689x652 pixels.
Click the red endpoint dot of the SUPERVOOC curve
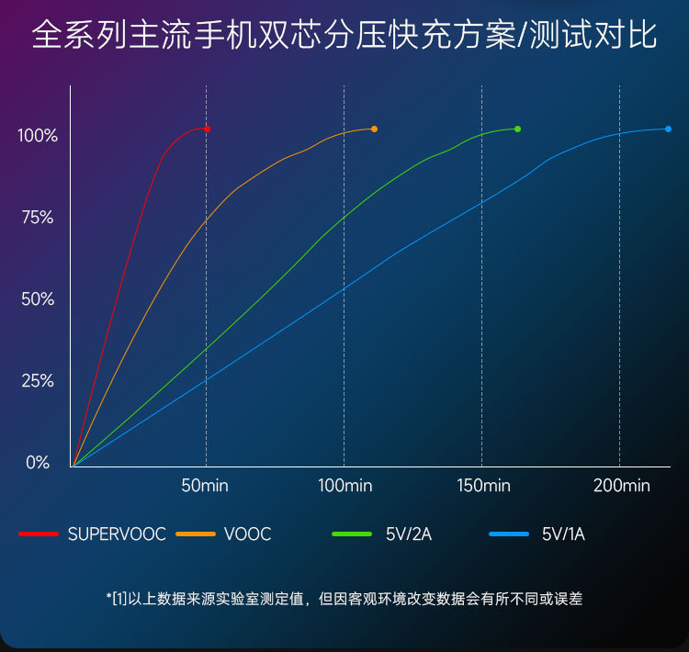pyautogui.click(x=208, y=129)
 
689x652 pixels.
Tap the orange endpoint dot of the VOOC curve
pyautogui.click(x=374, y=129)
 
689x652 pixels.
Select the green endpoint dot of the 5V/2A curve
pyautogui.click(x=517, y=129)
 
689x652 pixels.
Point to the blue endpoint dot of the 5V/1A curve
pyautogui.click(x=668, y=129)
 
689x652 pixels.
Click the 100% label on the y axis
pyautogui.click(x=38, y=136)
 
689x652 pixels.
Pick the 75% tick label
pyautogui.click(x=38, y=218)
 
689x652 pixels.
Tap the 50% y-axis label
pyautogui.click(x=38, y=299)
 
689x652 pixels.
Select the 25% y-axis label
pyautogui.click(x=38, y=381)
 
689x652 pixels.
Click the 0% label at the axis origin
pyautogui.click(x=38, y=463)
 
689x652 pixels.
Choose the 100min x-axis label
pyautogui.click(x=344, y=486)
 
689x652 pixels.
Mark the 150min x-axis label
pyautogui.click(x=483, y=486)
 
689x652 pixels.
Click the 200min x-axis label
pyautogui.click(x=622, y=486)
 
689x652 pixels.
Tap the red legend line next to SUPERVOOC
pyautogui.click(x=39, y=534)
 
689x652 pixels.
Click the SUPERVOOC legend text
pyautogui.click(x=117, y=534)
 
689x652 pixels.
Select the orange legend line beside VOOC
pyautogui.click(x=196, y=534)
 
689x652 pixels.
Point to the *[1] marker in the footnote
pyautogui.click(x=118, y=599)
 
